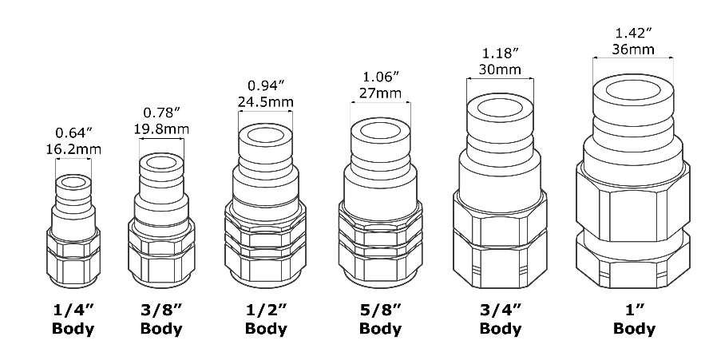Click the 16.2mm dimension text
click(73, 149)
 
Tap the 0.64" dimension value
click(73, 133)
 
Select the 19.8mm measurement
click(161, 129)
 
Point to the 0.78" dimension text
click(162, 113)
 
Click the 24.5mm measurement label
click(266, 102)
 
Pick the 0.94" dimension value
click(266, 85)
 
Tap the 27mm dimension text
click(380, 93)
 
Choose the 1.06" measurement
click(381, 77)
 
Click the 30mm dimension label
click(500, 69)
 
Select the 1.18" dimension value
click(501, 53)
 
